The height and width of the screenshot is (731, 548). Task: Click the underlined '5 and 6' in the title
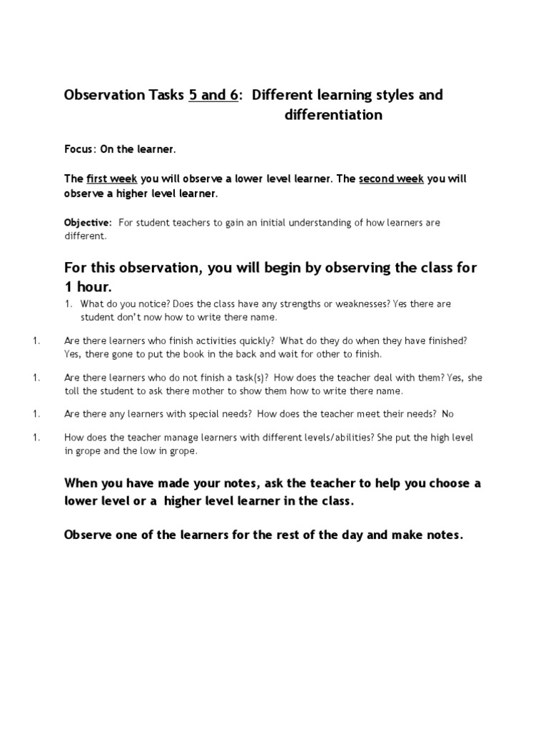[x=213, y=95]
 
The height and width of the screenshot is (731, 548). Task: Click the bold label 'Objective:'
[x=88, y=223]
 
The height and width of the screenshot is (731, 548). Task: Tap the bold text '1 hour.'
[x=88, y=286]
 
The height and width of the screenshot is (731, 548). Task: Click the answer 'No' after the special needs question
[x=448, y=413]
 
